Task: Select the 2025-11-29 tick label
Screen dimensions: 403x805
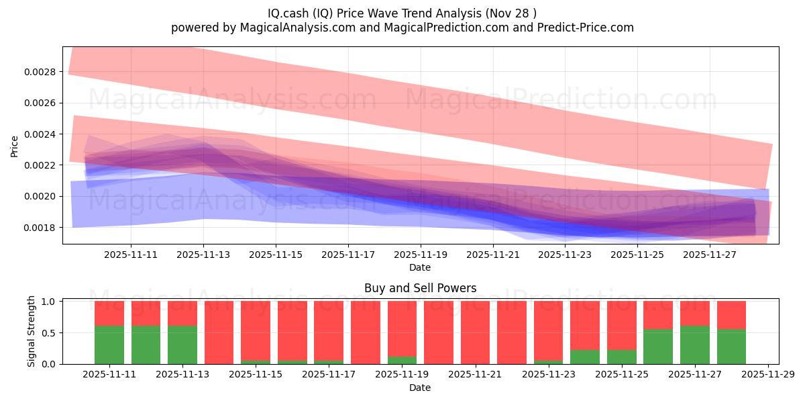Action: [767, 375]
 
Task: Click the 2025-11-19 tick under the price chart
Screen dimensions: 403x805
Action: [420, 255]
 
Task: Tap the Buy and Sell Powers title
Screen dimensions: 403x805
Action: [420, 288]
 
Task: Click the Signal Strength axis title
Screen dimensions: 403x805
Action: [32, 332]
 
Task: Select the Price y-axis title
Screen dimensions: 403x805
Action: [15, 146]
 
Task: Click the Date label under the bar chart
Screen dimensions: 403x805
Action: [420, 388]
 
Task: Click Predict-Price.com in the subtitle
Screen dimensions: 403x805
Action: [586, 28]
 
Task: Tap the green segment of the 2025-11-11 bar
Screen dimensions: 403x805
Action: [109, 345]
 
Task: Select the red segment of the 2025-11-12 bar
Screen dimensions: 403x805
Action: [146, 313]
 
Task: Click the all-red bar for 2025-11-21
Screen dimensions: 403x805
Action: [475, 332]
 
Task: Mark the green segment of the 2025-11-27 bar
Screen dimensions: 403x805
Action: [695, 345]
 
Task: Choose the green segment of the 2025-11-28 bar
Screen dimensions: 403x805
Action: [731, 347]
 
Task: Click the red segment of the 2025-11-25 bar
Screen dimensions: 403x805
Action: [622, 325]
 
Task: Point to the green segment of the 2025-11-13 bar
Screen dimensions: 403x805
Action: [182, 345]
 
